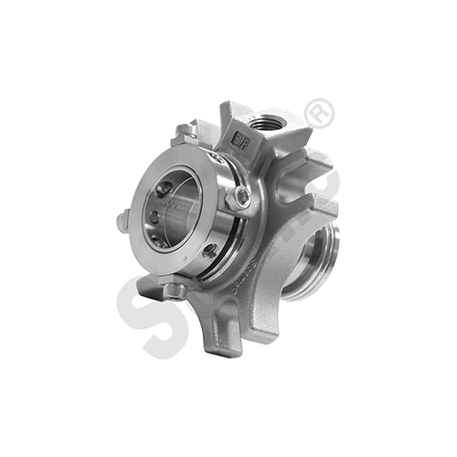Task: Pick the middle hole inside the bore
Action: point(154,218)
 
